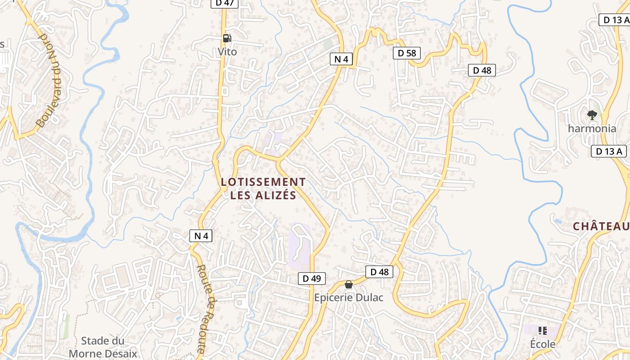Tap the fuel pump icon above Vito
tap(227, 38)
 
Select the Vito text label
tap(227, 52)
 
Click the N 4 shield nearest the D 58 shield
tap(342, 59)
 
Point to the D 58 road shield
tap(407, 53)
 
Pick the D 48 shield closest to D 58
tap(482, 70)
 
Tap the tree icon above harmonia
tap(592, 115)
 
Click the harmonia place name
tap(592, 128)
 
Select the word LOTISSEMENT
tap(263, 182)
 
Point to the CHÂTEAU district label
tap(601, 226)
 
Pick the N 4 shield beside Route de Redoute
tap(201, 236)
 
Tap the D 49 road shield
tap(311, 279)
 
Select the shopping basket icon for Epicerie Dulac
tap(348, 284)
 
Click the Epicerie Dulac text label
tap(348, 297)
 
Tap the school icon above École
tap(542, 331)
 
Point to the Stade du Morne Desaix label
tap(103, 347)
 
